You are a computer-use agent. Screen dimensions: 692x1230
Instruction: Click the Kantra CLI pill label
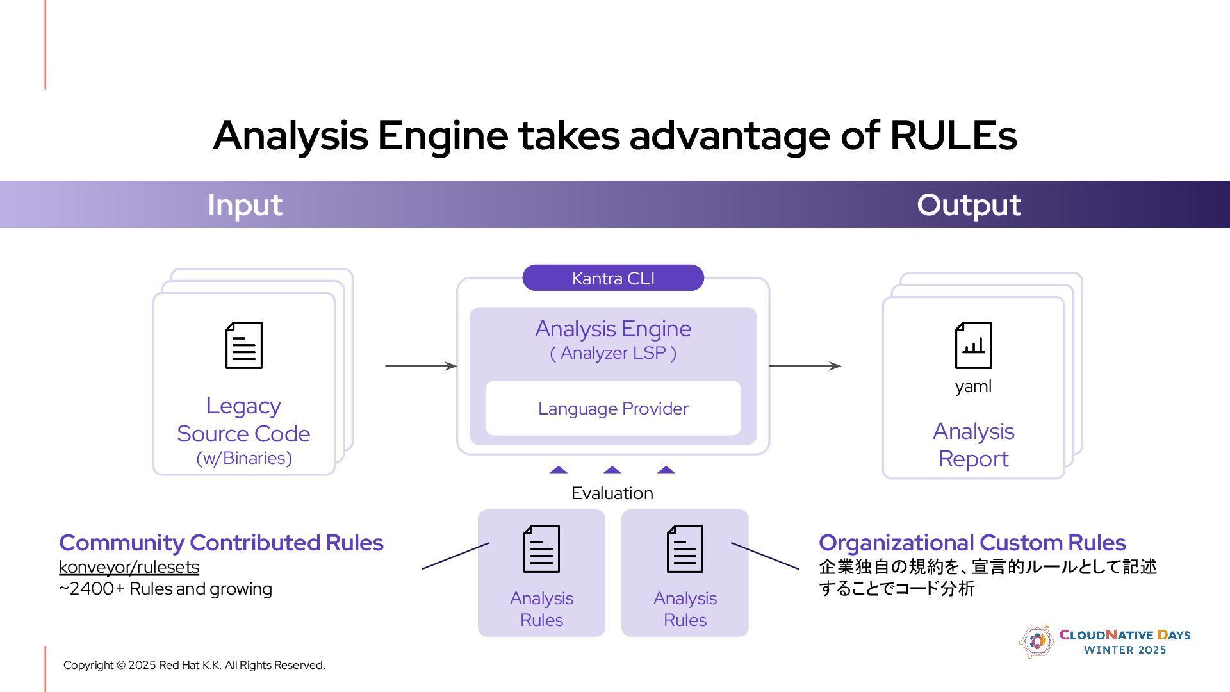(613, 278)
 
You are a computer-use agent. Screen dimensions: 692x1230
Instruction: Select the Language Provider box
(613, 408)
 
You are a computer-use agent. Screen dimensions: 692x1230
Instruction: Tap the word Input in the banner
(245, 205)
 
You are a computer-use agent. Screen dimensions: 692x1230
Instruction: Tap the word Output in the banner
(969, 205)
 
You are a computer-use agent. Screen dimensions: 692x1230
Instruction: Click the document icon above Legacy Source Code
(244, 345)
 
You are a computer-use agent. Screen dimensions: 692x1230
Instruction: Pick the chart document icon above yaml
(973, 345)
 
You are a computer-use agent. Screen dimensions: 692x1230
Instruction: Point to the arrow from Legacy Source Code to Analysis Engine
(420, 366)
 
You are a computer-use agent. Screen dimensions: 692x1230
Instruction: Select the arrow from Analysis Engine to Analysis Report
(805, 366)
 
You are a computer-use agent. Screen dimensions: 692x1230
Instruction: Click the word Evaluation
(612, 493)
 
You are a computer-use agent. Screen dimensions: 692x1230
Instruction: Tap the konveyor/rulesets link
(129, 567)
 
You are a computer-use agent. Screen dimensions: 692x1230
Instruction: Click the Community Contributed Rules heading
(221, 543)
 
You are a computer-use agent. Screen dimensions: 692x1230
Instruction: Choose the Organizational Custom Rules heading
(972, 543)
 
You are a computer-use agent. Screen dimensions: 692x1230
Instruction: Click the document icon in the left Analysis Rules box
(541, 549)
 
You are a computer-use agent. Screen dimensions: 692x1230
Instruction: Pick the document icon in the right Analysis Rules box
(685, 549)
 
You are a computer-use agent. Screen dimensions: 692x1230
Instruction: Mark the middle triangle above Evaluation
(612, 470)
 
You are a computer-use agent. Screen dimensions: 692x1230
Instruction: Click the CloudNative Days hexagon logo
(1036, 641)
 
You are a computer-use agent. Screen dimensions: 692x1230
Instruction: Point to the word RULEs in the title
(953, 136)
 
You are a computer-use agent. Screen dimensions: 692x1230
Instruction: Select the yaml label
(973, 386)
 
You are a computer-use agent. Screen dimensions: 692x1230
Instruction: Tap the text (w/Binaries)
(244, 458)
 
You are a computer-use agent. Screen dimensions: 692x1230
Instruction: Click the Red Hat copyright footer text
(194, 665)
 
